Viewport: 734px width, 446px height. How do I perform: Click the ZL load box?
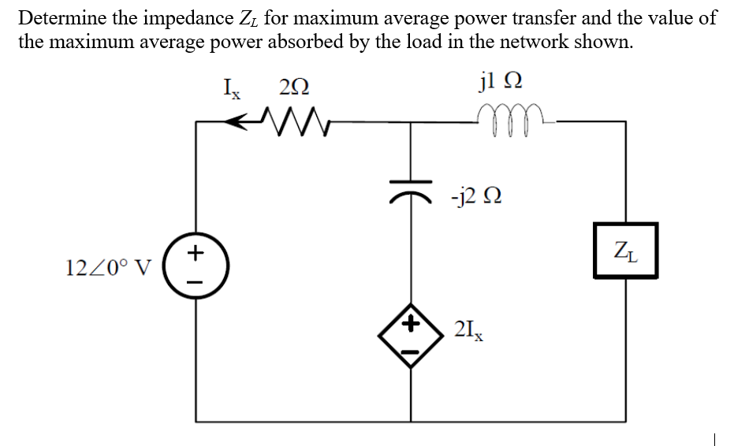tap(626, 251)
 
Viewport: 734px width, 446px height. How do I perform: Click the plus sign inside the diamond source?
tap(409, 323)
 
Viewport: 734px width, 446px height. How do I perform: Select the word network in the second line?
tap(549, 43)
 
